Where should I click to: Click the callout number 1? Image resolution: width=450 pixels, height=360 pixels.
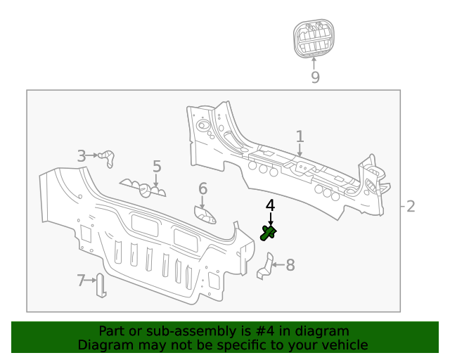tap(300, 136)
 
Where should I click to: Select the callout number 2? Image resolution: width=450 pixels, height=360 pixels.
tap(411, 206)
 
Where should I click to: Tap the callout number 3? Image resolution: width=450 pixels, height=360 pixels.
tap(82, 156)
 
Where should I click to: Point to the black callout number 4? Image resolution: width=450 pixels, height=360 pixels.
tap(270, 205)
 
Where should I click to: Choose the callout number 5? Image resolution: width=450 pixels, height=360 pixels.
tap(157, 167)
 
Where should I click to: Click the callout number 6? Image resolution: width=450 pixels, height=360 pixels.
tap(202, 188)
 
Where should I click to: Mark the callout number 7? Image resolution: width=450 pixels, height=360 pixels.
tap(81, 281)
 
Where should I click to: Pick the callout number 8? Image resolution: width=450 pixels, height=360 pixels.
tap(290, 265)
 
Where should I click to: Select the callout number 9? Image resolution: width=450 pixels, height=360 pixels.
tap(314, 77)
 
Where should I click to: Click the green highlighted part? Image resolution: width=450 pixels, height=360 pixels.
tap(268, 233)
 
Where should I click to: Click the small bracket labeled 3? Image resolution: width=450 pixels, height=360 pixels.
tap(108, 158)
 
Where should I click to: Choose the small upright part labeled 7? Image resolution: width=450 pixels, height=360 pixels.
tap(101, 285)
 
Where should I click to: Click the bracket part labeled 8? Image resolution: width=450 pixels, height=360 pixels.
tap(265, 267)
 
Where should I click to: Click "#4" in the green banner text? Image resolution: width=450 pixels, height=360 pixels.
tap(266, 331)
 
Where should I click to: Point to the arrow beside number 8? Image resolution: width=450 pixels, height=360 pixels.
tap(278, 265)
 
